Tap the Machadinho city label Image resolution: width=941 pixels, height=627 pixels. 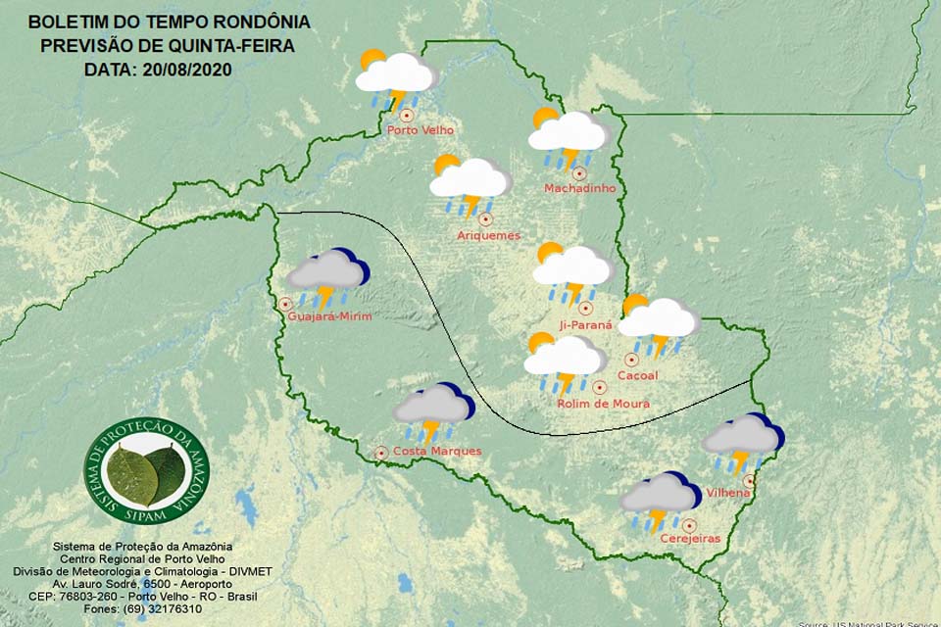[580, 188]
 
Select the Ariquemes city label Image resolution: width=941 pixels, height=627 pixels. [488, 235]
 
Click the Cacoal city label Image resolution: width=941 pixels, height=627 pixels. [637, 375]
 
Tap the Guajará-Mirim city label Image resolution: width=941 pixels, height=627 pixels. [330, 315]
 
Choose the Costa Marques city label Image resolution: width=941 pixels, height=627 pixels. [436, 452]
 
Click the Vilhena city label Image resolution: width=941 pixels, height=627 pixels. [727, 493]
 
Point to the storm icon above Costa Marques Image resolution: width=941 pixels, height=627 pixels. [432, 411]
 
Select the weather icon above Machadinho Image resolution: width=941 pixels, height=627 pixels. [568, 138]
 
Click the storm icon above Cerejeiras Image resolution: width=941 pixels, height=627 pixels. [660, 502]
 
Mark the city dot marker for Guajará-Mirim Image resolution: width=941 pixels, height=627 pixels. [286, 305]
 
